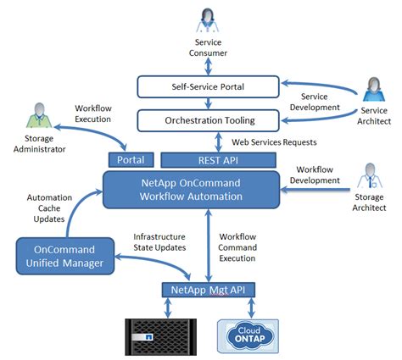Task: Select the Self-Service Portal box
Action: coord(208,86)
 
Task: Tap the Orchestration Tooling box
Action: coord(208,119)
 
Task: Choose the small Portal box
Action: coord(130,160)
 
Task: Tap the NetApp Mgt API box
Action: coord(207,291)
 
